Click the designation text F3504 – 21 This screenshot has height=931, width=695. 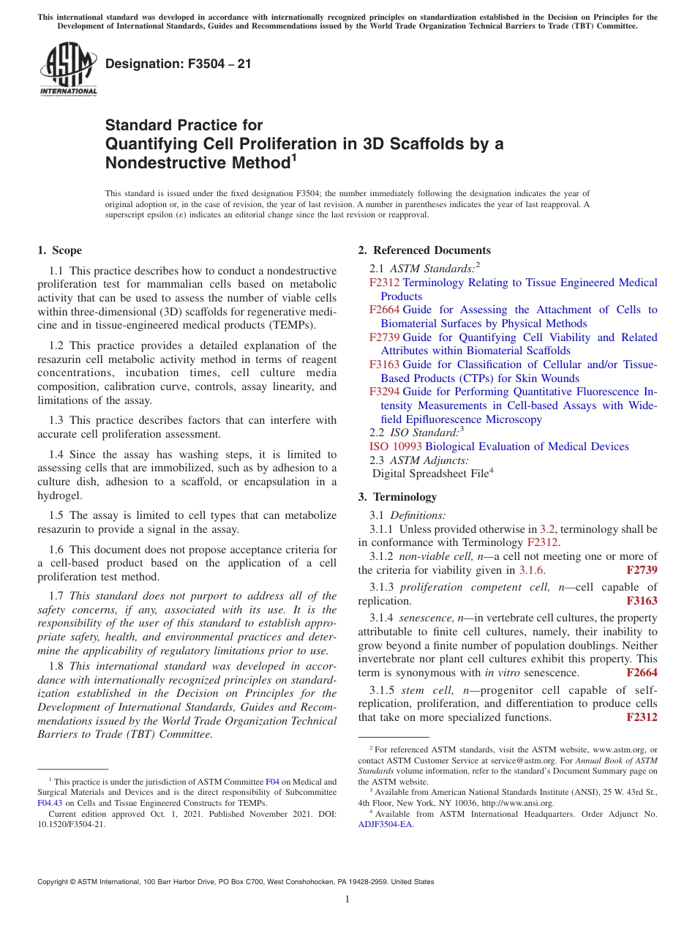(179, 64)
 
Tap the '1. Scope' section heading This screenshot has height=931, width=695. (59, 250)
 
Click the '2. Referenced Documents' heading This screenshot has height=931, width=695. (424, 250)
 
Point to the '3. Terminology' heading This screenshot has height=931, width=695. (397, 497)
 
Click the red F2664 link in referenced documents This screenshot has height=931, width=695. (384, 310)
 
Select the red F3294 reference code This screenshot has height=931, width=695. (384, 392)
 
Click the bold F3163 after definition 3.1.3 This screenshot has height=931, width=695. (642, 601)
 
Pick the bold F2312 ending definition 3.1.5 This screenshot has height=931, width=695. (642, 717)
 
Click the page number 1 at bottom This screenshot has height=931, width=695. (347, 900)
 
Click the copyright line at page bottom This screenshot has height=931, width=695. (236, 882)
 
